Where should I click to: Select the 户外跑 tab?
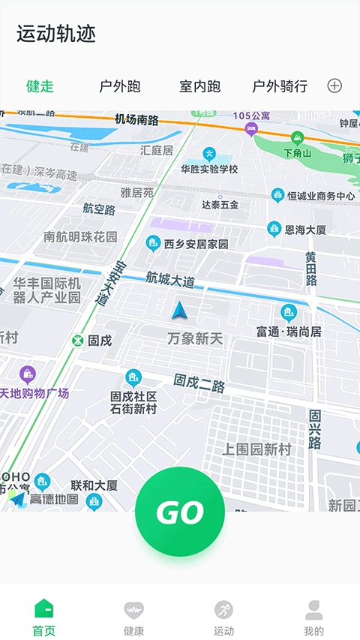pyautogui.click(x=120, y=86)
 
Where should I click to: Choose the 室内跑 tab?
pyautogui.click(x=200, y=86)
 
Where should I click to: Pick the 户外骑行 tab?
pyautogui.click(x=280, y=86)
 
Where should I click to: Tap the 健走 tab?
pyautogui.click(x=40, y=86)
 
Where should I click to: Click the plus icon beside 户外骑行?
pyautogui.click(x=334, y=86)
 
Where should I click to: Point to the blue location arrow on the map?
pyautogui.click(x=178, y=310)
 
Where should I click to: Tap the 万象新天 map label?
pyautogui.click(x=195, y=339)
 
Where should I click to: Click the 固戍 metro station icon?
pyautogui.click(x=77, y=341)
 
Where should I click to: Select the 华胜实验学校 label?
pyautogui.click(x=209, y=170)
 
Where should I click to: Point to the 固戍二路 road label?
pyautogui.click(x=199, y=383)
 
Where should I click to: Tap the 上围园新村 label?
pyautogui.click(x=256, y=449)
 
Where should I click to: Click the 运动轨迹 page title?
pyautogui.click(x=56, y=34)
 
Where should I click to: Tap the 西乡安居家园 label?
pyautogui.click(x=196, y=244)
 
